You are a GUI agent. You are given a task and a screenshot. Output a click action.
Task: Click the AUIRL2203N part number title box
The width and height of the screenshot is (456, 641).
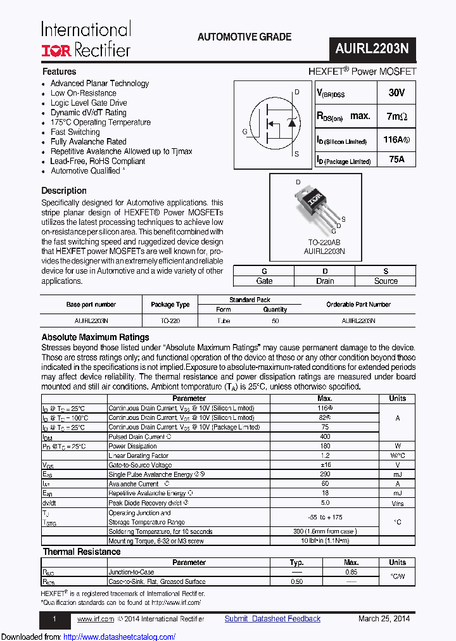pyautogui.click(x=372, y=48)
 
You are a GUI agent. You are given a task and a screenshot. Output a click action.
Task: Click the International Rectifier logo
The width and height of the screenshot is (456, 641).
pyautogui.click(x=86, y=39)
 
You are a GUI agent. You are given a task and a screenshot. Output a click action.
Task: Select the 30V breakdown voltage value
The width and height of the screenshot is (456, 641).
pyautogui.click(x=396, y=92)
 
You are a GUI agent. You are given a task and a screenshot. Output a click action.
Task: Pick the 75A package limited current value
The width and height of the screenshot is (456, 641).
pyautogui.click(x=396, y=160)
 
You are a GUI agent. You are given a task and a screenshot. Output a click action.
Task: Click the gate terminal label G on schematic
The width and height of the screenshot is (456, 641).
pyautogui.click(x=244, y=132)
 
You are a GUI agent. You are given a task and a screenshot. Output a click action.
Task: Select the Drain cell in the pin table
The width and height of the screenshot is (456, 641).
pyautogui.click(x=325, y=281)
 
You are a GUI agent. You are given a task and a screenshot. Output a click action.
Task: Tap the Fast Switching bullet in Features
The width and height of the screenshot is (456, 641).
pyautogui.click(x=75, y=132)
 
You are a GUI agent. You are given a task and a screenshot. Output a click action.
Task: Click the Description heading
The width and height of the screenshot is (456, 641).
pyautogui.click(x=64, y=191)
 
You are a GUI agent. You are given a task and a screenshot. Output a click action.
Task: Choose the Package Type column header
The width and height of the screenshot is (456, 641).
pyautogui.click(x=170, y=305)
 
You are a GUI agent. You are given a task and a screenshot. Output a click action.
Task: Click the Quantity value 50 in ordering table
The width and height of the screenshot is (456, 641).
pyautogui.click(x=275, y=321)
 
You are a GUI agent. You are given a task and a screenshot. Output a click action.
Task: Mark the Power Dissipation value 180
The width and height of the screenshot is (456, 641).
pyautogui.click(x=324, y=446)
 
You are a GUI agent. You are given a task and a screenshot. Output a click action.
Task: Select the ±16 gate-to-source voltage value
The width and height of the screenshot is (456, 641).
pyautogui.click(x=324, y=465)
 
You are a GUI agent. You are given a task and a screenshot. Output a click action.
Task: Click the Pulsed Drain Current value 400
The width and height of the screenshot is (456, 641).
pyautogui.click(x=324, y=437)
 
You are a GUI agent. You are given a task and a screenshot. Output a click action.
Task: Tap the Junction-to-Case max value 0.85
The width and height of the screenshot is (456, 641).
pyautogui.click(x=351, y=572)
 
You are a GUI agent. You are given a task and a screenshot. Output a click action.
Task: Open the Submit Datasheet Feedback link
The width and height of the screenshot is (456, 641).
pyautogui.click(x=272, y=619)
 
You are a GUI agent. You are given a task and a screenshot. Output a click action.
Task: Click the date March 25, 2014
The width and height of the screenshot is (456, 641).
pyautogui.click(x=384, y=619)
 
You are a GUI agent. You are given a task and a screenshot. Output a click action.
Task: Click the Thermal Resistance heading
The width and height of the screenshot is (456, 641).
pyautogui.click(x=81, y=552)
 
